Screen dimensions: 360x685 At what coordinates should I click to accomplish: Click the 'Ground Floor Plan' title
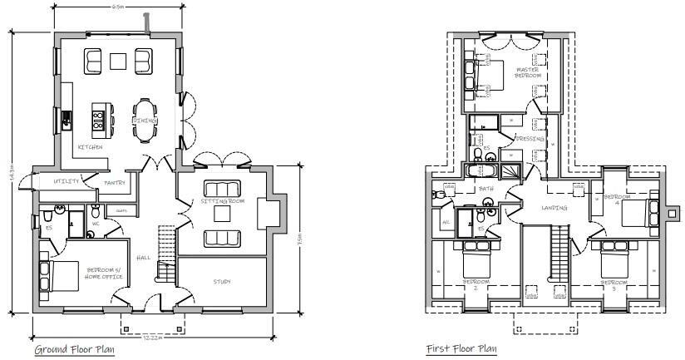(75, 349)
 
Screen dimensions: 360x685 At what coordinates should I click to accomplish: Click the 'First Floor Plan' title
(461, 349)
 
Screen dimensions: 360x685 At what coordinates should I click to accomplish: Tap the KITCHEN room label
(90, 147)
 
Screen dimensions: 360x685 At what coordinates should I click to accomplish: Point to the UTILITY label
(66, 180)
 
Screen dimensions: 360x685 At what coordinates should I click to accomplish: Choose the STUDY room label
(221, 282)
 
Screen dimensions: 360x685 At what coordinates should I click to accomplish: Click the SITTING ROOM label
(221, 201)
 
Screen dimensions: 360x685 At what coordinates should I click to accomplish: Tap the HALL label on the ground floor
(143, 258)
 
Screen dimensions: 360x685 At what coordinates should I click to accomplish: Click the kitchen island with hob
(101, 121)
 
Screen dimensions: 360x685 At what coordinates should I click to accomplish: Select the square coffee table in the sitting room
(221, 214)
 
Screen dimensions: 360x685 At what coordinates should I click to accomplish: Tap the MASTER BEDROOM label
(528, 72)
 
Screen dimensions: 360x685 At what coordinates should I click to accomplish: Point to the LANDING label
(554, 207)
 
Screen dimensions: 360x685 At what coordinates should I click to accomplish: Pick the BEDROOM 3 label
(614, 284)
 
